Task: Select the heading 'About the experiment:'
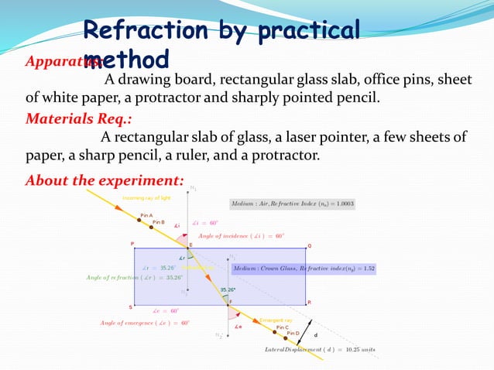(x=105, y=181)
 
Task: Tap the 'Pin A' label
(x=146, y=214)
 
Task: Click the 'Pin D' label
(x=293, y=333)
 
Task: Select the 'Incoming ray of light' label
(x=145, y=198)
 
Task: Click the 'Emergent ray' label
(x=276, y=320)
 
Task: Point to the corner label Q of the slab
(x=309, y=245)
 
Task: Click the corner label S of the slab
(x=130, y=307)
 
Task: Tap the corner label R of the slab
(x=309, y=303)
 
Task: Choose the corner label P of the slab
(x=132, y=244)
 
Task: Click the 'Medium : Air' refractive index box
(x=292, y=204)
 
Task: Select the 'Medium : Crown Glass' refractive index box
(x=304, y=269)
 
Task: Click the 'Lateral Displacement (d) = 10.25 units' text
(x=319, y=349)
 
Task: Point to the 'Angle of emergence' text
(x=144, y=322)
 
